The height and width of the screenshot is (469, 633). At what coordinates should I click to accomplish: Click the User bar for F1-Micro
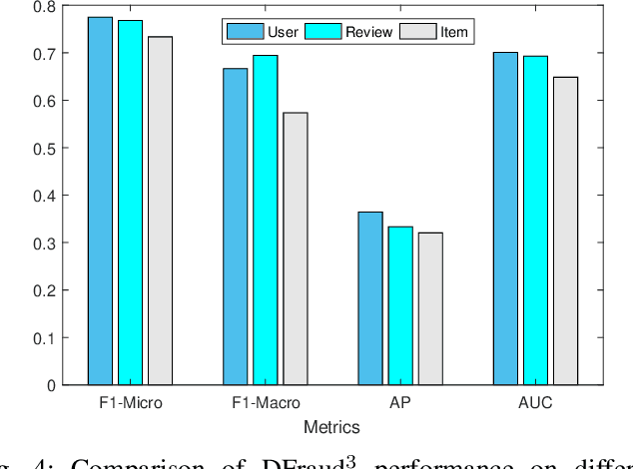point(100,201)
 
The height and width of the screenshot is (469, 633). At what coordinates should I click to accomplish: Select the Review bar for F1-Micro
point(130,203)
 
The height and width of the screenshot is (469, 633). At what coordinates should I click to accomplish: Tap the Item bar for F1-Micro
point(160,211)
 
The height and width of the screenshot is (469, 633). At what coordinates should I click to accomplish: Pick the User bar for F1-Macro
point(236,227)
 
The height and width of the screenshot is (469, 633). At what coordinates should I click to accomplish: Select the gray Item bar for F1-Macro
point(296,248)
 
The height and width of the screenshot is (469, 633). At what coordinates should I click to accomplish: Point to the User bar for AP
point(370,298)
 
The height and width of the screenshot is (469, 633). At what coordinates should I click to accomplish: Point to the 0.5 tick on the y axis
point(44,148)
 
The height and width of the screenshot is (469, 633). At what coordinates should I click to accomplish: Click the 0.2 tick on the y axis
point(44,290)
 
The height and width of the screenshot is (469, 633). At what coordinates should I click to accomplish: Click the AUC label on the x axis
point(536,405)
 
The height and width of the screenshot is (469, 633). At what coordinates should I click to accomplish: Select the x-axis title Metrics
point(333,427)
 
